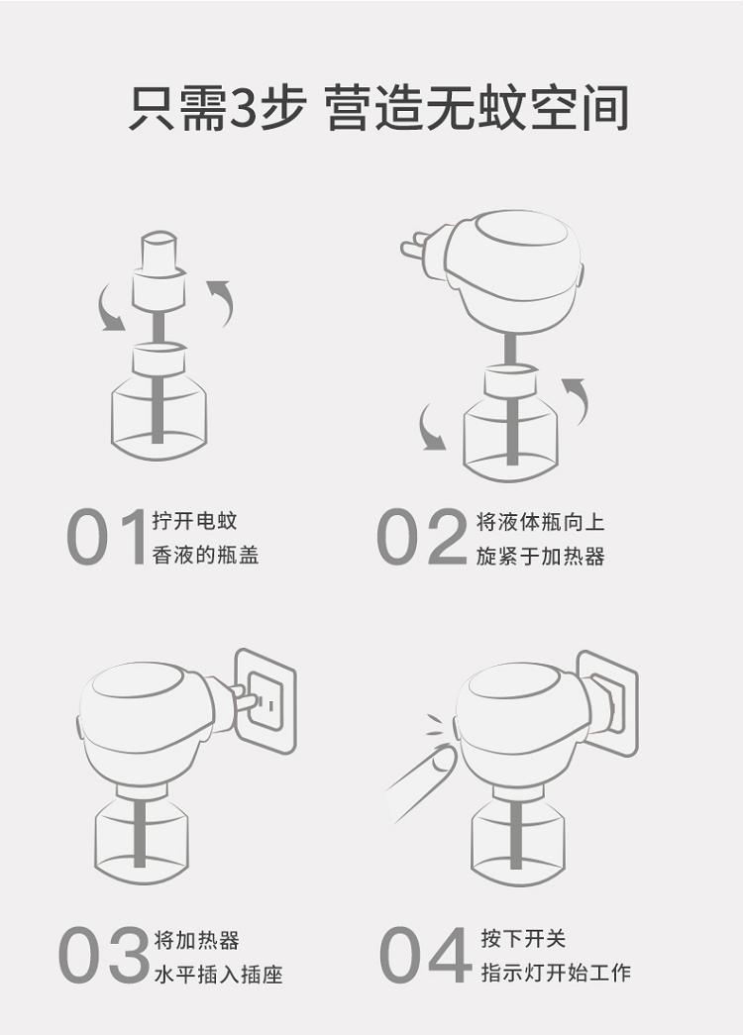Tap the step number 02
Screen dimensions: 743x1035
point(421,537)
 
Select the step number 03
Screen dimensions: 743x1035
point(103,955)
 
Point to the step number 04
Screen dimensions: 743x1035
point(425,955)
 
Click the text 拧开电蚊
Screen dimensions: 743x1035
point(194,521)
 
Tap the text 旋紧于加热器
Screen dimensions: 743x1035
point(540,557)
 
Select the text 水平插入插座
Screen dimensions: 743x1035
point(218,975)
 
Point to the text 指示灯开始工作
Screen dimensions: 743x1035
point(556,973)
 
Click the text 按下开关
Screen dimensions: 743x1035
point(523,937)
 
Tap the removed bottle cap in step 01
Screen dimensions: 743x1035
point(159,270)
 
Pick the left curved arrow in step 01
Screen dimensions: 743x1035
point(110,308)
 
